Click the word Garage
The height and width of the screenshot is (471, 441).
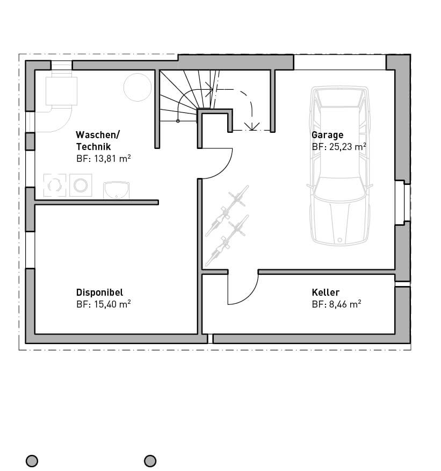(327, 135)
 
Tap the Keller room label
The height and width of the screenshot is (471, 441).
(326, 292)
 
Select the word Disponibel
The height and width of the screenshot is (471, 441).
(99, 292)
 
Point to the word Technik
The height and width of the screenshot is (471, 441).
(93, 147)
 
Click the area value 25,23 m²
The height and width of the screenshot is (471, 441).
(348, 147)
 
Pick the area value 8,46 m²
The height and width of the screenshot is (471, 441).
(345, 304)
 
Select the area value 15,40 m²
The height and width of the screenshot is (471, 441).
(112, 304)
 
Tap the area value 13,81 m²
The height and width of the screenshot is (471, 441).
(112, 158)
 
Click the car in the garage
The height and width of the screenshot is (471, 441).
(339, 165)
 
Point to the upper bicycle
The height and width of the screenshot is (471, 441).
(227, 210)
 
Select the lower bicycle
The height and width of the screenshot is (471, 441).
(227, 240)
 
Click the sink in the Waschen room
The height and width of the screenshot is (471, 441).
(117, 190)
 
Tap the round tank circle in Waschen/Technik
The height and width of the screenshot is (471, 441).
(138, 87)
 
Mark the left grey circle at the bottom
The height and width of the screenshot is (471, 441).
(32, 460)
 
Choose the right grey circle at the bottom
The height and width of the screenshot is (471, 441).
(150, 460)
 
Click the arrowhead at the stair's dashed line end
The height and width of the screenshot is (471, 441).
(252, 126)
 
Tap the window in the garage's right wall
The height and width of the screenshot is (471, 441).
(403, 203)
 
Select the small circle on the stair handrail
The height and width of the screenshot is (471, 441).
(178, 121)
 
